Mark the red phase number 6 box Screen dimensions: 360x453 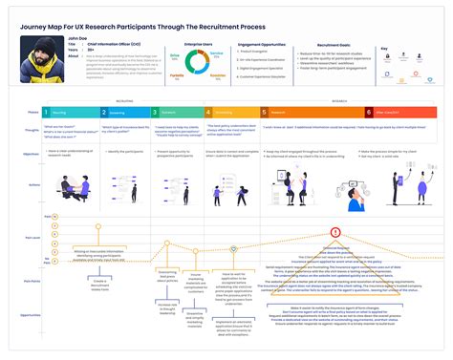pyautogui.click(x=369, y=111)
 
